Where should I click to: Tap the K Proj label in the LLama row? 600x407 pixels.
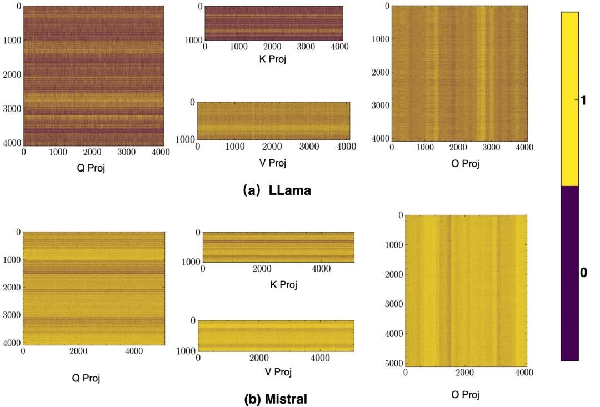[x=273, y=59]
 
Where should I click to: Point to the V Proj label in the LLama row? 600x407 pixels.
[x=273, y=163]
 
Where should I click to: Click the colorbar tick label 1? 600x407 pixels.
[x=583, y=101]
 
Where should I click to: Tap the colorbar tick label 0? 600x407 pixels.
[x=583, y=273]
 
